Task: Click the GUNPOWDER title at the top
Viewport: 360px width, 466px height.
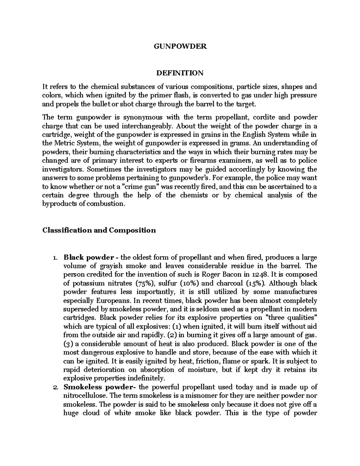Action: pyautogui.click(x=180, y=47)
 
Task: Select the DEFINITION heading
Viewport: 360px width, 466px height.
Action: pyautogui.click(x=180, y=73)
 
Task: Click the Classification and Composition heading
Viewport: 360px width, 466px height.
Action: pyautogui.click(x=99, y=230)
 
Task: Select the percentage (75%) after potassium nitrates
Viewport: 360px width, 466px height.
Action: pyautogui.click(x=145, y=283)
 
